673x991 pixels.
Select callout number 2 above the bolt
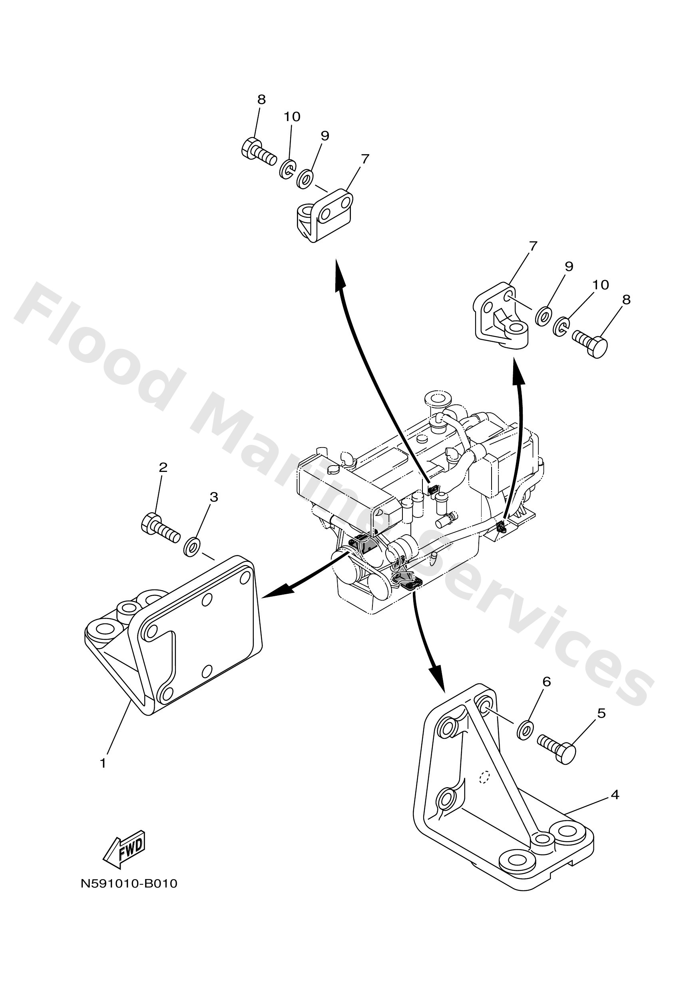(163, 467)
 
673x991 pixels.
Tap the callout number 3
(214, 497)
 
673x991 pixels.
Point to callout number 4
(615, 794)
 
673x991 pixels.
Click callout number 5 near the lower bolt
(601, 713)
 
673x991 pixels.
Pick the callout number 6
(546, 681)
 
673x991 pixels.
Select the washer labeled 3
(192, 547)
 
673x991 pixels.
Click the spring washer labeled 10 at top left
(287, 169)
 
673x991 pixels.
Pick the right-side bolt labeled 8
(589, 343)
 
